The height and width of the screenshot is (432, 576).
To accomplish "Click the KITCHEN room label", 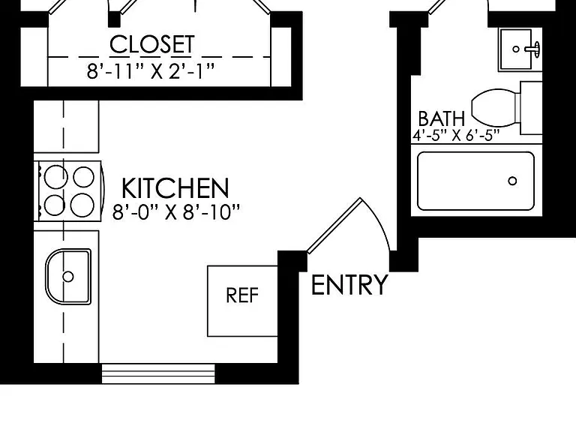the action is click(175, 188).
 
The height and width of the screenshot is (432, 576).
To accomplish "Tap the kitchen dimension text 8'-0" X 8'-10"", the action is click(176, 212).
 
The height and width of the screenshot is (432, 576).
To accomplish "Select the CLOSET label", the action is click(152, 45).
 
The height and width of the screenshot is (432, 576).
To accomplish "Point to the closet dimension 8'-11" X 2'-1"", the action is click(150, 71).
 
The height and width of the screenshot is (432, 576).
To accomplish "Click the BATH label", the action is click(442, 118).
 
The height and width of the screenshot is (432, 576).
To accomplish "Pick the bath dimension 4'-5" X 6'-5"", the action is click(456, 136).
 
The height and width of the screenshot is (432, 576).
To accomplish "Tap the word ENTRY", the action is click(349, 285).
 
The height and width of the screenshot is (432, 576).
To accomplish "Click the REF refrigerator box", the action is click(242, 301).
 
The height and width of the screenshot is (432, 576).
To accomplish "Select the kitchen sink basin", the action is click(68, 276).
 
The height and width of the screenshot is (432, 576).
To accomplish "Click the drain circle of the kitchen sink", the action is click(68, 276).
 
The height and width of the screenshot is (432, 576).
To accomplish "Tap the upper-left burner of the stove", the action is click(55, 177).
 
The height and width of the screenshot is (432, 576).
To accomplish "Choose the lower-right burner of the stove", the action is click(82, 205).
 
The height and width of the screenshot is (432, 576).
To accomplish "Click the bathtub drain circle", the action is click(512, 181).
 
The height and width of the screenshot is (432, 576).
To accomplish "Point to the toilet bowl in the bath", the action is click(493, 107).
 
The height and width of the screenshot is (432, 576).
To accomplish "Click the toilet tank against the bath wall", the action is click(531, 108).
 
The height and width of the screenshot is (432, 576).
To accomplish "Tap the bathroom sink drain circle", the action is click(516, 49).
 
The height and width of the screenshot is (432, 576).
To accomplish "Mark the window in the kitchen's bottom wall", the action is click(158, 374).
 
